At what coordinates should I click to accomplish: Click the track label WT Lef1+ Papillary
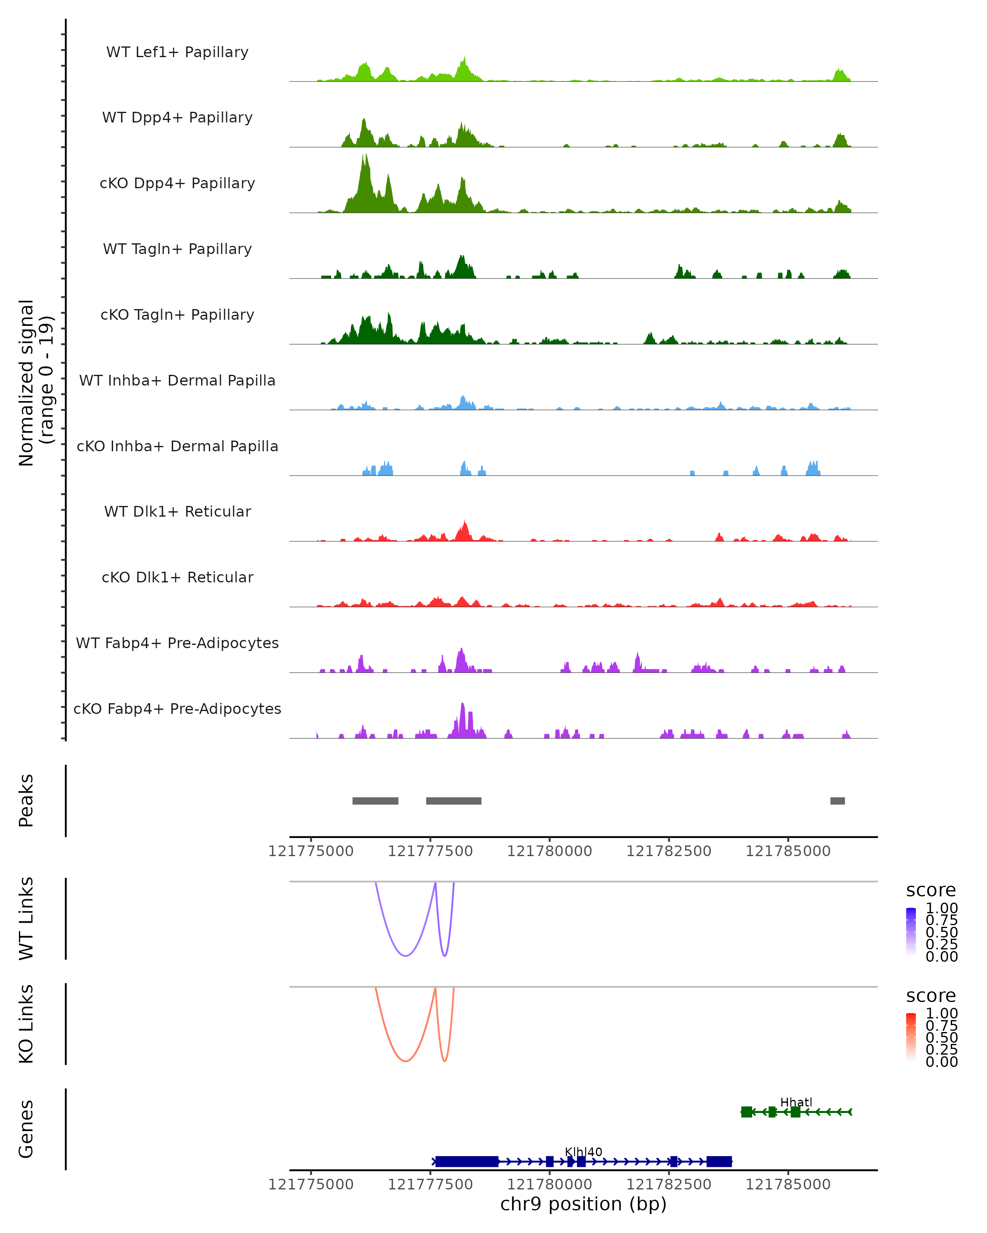coord(177,52)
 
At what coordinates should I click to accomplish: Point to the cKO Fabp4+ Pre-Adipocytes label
coord(177,709)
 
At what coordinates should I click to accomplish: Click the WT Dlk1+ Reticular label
coord(177,511)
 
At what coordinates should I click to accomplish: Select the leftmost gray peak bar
coord(375,801)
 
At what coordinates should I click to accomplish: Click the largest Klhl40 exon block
coord(466,1161)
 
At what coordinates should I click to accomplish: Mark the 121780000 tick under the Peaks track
coord(549,851)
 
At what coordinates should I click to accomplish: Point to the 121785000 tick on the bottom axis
coord(788,1185)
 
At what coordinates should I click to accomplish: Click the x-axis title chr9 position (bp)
coord(583,1204)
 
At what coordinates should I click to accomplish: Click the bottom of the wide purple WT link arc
coord(405,956)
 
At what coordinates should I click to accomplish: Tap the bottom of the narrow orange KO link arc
coord(445,1061)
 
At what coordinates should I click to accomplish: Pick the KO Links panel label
coord(26,1024)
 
